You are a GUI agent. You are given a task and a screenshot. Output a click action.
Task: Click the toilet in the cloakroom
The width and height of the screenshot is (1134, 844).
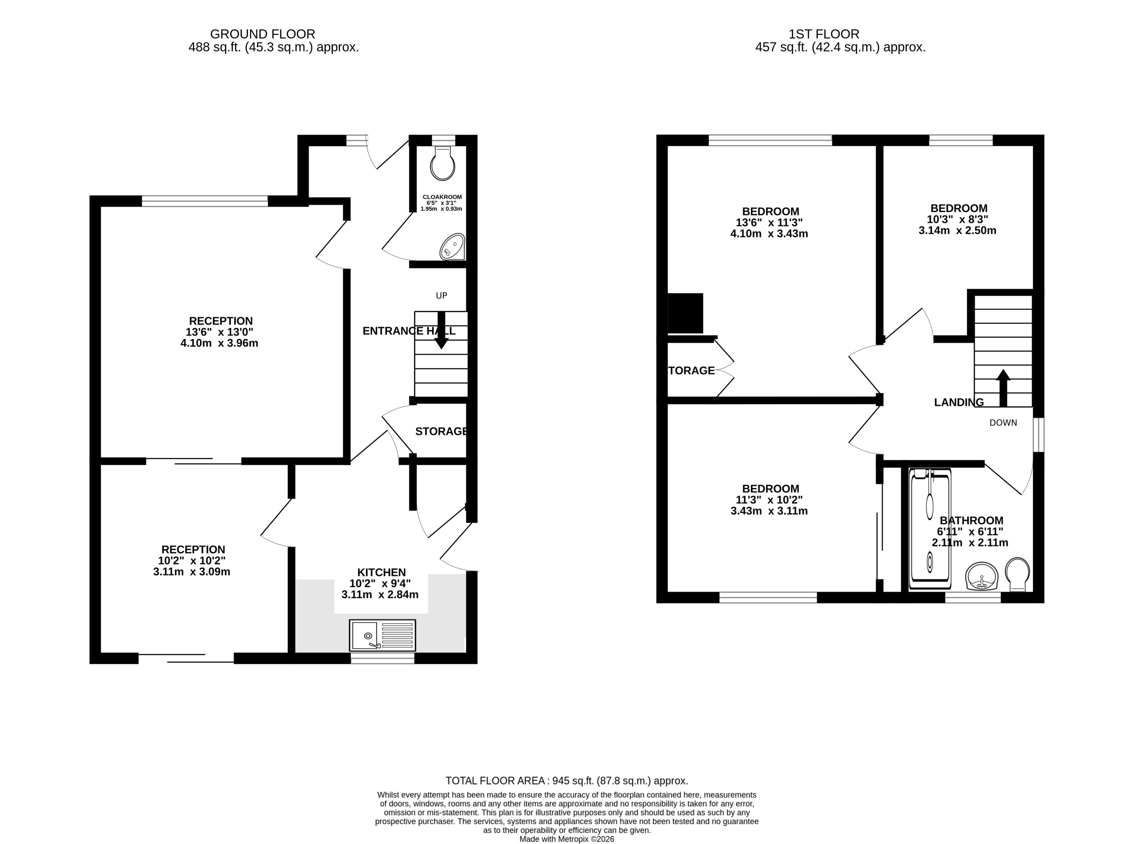442,163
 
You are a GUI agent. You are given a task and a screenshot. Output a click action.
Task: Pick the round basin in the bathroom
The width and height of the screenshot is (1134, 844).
981,576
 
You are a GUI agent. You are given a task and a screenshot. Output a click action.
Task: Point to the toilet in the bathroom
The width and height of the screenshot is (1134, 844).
1017,573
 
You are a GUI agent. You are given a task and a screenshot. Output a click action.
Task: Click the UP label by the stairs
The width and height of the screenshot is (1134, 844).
441,295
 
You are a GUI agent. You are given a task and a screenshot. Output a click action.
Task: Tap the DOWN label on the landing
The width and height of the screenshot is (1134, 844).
1003,423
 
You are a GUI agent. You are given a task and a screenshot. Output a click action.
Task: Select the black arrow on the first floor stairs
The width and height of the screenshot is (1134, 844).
1003,388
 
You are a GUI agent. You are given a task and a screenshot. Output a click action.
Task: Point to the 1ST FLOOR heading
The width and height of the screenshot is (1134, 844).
823,34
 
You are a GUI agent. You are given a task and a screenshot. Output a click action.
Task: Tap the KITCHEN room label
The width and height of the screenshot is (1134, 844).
381,572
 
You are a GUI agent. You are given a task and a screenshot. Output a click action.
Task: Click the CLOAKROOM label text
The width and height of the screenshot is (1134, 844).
442,197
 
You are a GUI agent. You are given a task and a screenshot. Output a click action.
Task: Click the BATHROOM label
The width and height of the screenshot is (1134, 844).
971,520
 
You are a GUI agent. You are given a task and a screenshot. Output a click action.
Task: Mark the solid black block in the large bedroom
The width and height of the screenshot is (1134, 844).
685,313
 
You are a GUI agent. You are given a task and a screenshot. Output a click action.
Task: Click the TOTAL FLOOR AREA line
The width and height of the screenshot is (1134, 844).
566,781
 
